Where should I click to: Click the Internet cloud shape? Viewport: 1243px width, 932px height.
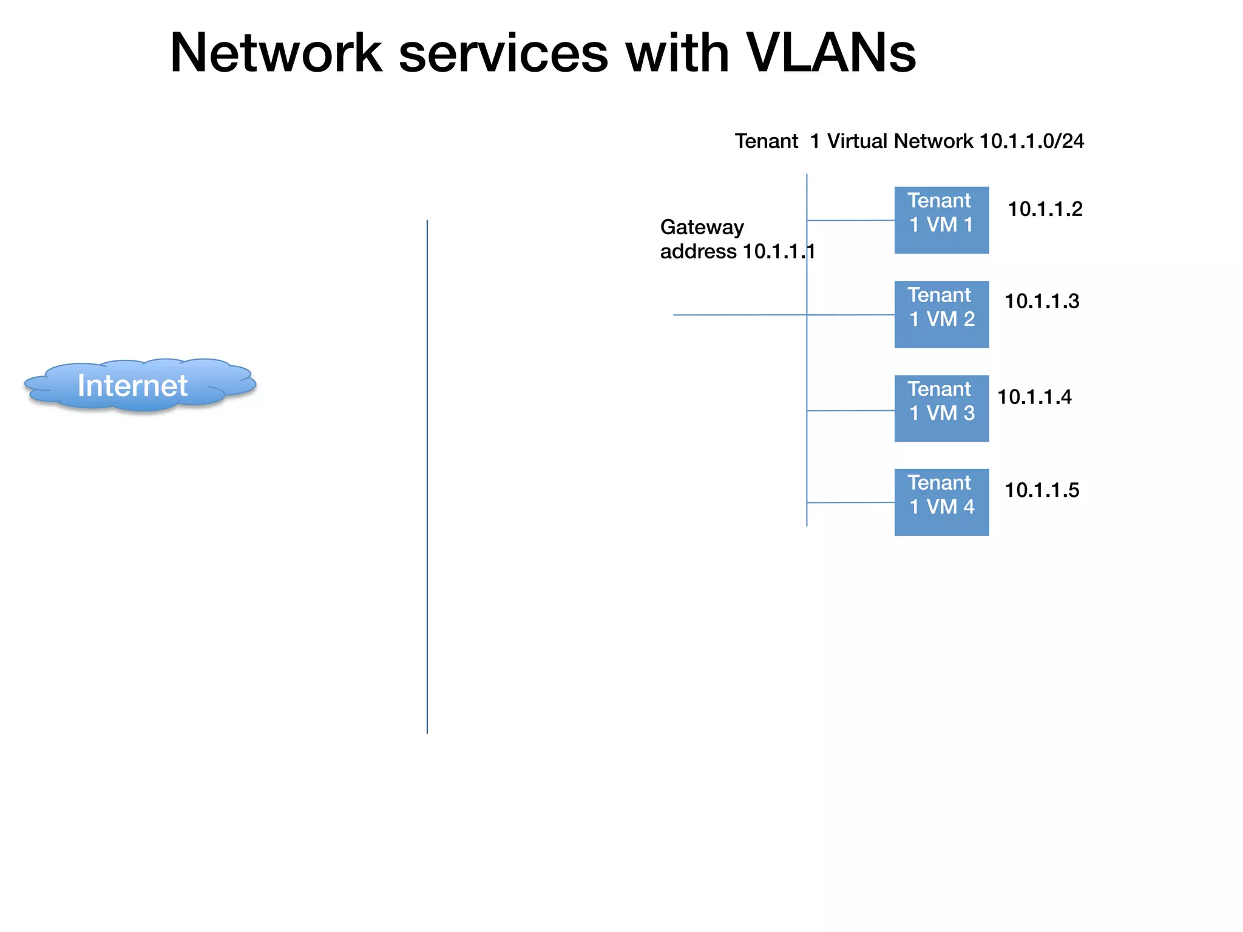point(140,385)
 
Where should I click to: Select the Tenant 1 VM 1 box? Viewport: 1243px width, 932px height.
point(941,220)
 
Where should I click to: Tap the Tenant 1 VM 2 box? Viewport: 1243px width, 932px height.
point(941,314)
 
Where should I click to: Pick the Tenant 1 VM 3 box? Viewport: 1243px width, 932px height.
point(941,408)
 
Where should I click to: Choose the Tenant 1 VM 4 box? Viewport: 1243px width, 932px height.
point(941,502)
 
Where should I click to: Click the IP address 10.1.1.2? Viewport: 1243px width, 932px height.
point(1045,209)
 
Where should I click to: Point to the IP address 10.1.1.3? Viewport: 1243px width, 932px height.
point(1041,302)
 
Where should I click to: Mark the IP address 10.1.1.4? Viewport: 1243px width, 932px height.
point(1034,397)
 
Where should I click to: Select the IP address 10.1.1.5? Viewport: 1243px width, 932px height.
point(1041,490)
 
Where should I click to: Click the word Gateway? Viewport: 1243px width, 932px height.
point(702,228)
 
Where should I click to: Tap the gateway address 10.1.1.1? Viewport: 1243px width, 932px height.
point(779,252)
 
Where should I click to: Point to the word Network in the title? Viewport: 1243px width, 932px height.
point(276,53)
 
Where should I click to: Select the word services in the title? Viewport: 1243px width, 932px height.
point(503,53)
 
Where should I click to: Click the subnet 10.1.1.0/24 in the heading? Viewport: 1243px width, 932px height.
point(1031,141)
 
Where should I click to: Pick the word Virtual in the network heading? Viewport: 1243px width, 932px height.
point(857,141)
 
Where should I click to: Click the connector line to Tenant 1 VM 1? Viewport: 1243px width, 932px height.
point(850,220)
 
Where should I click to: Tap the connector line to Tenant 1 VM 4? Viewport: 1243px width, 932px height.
point(850,502)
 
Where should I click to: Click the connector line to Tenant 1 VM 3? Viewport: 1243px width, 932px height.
point(850,411)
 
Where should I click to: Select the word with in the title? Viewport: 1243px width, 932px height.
point(677,53)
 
